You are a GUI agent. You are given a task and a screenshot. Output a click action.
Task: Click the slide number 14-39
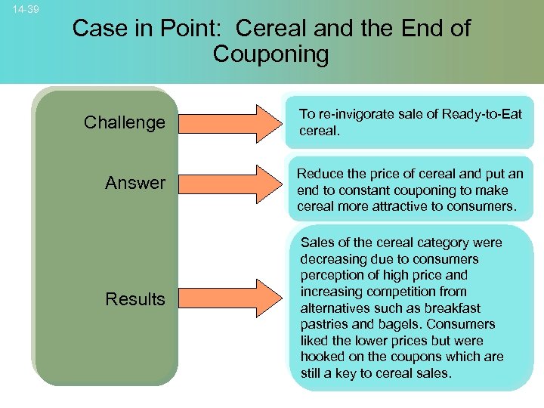coord(26,10)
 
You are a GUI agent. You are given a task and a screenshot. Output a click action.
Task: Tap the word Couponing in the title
coord(271,55)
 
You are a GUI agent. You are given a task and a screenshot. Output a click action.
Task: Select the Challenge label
coord(124,122)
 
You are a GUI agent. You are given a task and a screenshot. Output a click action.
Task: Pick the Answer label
coord(134,183)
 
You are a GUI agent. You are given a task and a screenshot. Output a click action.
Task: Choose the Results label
coord(134,299)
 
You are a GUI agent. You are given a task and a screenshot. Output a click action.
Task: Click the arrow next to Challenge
coord(231,122)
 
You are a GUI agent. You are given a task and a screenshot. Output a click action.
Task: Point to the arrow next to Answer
coord(231,184)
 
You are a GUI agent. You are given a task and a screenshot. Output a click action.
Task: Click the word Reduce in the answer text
coord(317,175)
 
